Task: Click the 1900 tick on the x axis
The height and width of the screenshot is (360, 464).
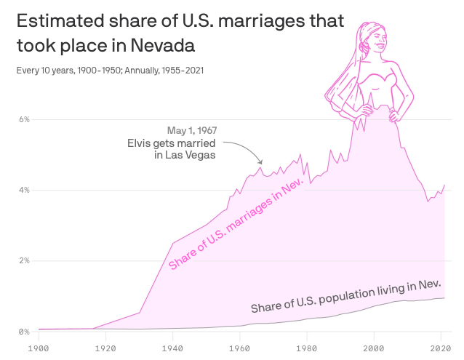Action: pyautogui.click(x=39, y=347)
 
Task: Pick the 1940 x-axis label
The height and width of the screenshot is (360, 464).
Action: pyautogui.click(x=173, y=347)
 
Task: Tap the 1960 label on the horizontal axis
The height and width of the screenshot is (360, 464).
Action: pyautogui.click(x=240, y=347)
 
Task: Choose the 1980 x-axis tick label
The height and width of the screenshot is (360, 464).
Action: pyautogui.click(x=307, y=347)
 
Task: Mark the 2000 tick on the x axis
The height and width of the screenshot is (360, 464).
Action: pyautogui.click(x=374, y=347)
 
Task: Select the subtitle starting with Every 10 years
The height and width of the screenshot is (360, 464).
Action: pyautogui.click(x=109, y=71)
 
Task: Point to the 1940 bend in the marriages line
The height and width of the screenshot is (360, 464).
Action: pyautogui.click(x=173, y=243)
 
